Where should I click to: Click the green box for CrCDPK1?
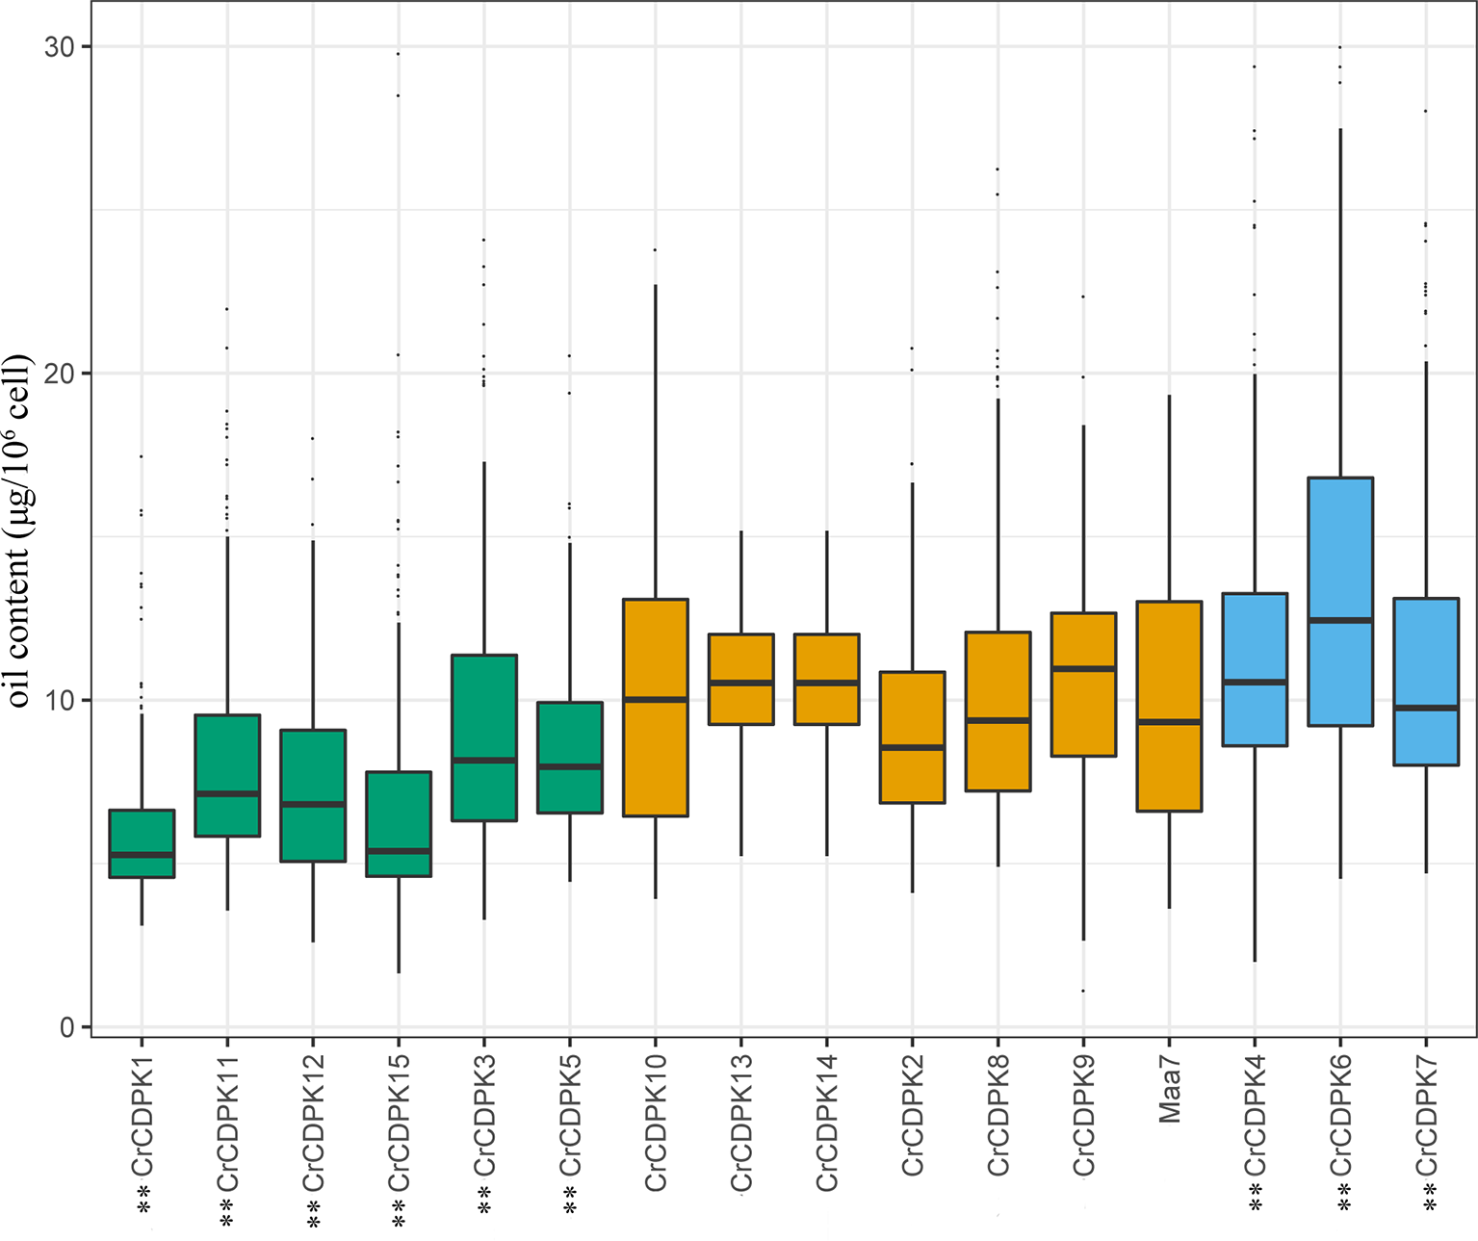142,842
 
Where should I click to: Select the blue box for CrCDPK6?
1339,601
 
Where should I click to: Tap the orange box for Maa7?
1169,706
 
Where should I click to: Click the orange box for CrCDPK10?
656,707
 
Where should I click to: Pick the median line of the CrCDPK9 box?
1083,667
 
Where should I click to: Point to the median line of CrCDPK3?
484,760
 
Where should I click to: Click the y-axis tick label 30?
59,47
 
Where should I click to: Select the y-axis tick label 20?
59,374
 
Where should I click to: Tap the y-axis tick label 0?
66,1027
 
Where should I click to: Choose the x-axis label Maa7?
1170,1089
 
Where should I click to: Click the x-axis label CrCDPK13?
741,1123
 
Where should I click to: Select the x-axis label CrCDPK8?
998,1115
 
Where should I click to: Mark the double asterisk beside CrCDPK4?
1255,1198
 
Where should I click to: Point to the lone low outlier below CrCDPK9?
1083,991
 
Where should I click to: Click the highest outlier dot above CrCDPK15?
399,54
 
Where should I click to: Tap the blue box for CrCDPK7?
1426,682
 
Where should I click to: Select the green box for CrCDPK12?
313,795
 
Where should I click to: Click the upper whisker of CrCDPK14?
826,582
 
